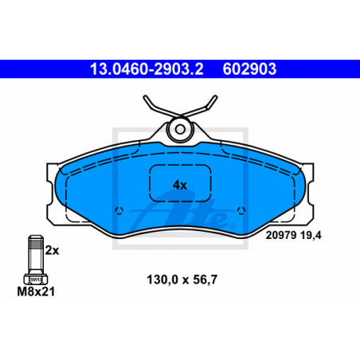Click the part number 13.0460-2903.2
(x=147, y=69)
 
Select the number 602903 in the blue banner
(x=249, y=69)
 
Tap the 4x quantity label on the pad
(x=180, y=185)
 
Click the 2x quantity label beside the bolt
(x=52, y=250)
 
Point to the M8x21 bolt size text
(x=36, y=292)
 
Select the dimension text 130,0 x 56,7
(x=182, y=280)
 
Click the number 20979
(x=281, y=235)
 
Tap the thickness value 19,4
(x=311, y=235)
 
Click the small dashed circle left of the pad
(x=119, y=210)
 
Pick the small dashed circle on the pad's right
(x=241, y=210)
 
